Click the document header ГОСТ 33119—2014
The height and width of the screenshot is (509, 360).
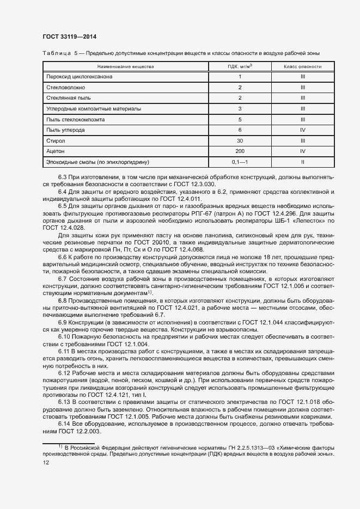(70, 36)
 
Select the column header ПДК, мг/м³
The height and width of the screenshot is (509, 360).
(239, 66)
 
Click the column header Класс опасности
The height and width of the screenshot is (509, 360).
(302, 66)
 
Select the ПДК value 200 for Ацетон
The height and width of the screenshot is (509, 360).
(239, 151)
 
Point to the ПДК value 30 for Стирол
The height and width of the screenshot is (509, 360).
(239, 140)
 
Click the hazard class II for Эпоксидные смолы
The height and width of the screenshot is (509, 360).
(302, 162)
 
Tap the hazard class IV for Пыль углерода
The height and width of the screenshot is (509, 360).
(302, 130)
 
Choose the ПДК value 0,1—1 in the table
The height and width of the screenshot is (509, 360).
(239, 162)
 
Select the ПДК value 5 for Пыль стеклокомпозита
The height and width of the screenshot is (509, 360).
(239, 119)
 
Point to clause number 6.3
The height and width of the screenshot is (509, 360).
(63, 177)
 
